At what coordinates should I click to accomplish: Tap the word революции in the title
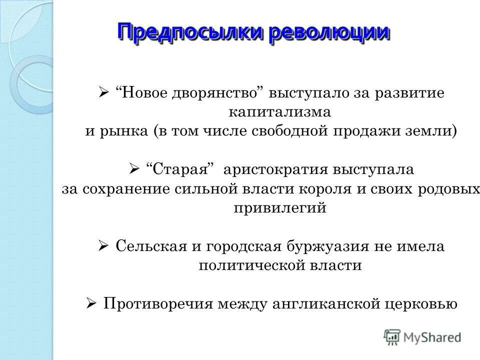point(329,32)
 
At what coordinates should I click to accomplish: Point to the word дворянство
point(219,93)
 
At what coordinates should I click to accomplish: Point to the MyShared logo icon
point(392,336)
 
